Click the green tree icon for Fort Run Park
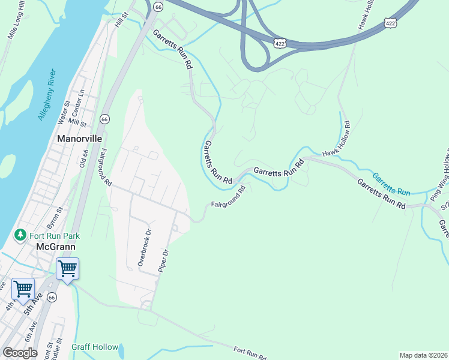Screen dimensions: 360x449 20,235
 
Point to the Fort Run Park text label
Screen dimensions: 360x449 55,235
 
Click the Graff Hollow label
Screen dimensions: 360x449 95,347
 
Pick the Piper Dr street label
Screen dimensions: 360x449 162,257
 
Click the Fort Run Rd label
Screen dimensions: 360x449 250,354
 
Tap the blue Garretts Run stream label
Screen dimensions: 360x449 391,185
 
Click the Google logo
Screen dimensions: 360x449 19,352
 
